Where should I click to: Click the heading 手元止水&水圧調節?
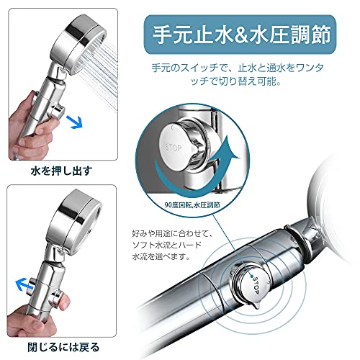click(x=242, y=35)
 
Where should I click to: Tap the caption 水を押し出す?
click(x=62, y=171)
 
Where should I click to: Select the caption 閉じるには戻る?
click(x=63, y=347)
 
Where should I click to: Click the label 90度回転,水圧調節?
click(x=192, y=205)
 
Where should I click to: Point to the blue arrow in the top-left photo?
click(x=74, y=121)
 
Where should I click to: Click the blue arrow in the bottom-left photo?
click(x=23, y=284)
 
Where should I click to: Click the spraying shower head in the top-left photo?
click(x=78, y=45)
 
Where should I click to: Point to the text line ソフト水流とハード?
click(x=167, y=245)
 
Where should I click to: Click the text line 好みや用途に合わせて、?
click(x=172, y=233)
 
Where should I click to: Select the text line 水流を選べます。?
click(x=161, y=256)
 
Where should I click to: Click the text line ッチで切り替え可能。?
click(x=236, y=81)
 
